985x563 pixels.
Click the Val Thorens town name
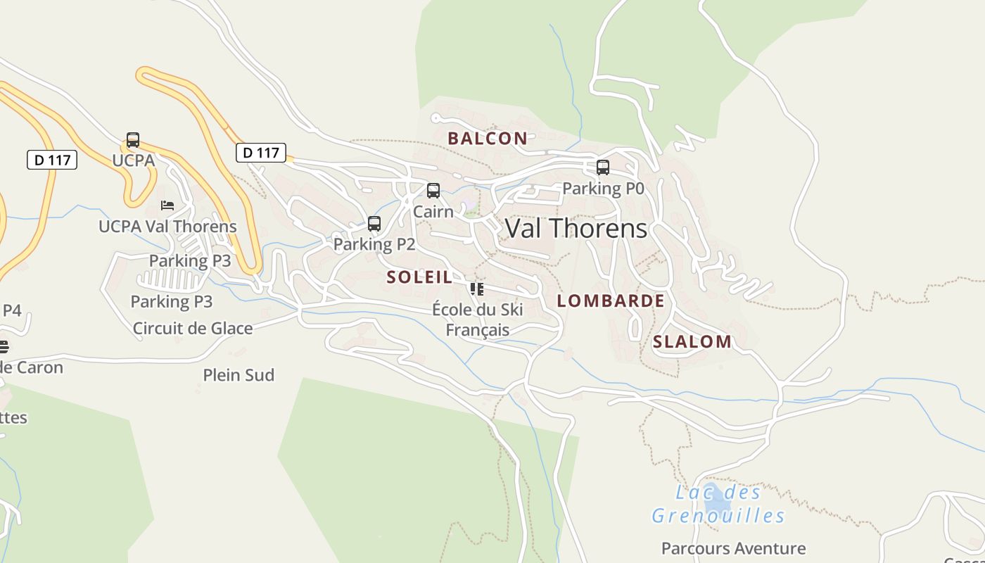click(x=576, y=228)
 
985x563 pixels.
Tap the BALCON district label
click(x=488, y=139)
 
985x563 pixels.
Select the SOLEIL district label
click(x=419, y=277)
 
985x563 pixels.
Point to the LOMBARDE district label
click(x=611, y=301)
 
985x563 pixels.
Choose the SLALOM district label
click(x=692, y=342)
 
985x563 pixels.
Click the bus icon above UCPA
click(x=133, y=140)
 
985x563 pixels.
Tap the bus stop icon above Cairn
click(x=433, y=191)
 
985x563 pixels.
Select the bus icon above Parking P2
click(x=374, y=224)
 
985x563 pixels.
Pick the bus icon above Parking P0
click(x=603, y=167)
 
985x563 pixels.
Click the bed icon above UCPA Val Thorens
click(x=167, y=205)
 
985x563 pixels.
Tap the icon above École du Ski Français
click(x=477, y=289)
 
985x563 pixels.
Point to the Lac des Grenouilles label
click(x=718, y=504)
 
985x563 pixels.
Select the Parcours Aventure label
click(x=733, y=548)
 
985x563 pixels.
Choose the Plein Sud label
click(x=239, y=375)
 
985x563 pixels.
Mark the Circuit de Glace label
click(x=193, y=328)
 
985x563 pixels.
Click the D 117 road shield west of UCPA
click(x=52, y=160)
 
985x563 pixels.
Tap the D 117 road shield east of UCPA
click(x=260, y=153)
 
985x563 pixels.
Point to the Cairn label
click(x=433, y=211)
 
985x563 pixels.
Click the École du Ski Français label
click(x=477, y=320)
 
